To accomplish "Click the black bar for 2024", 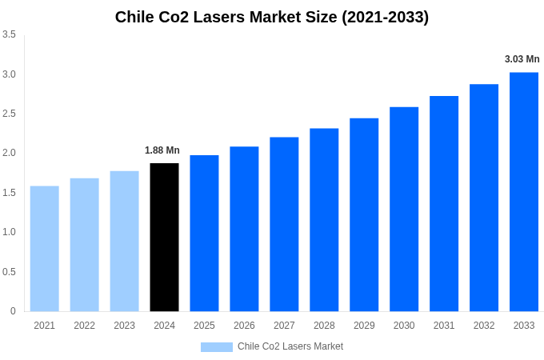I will [164, 237].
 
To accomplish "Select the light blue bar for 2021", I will [45, 248].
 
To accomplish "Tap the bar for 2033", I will [524, 191].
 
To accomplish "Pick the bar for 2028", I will [324, 219].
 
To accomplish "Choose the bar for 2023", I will [124, 241].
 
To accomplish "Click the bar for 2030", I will [404, 209].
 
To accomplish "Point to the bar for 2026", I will [244, 229].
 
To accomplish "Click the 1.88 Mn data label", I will [162, 150].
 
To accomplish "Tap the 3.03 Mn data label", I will [522, 59].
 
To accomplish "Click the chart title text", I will [272, 17].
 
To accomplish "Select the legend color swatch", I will [216, 346].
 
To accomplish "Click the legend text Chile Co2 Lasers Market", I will [290, 346].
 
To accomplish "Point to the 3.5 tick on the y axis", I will [9, 34].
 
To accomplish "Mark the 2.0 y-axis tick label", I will [9, 153].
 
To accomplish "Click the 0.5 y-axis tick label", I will [9, 271].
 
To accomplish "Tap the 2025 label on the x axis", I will [204, 326].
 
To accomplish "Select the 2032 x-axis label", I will [484, 326].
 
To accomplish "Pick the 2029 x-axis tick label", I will [364, 326].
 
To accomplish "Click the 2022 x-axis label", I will [84, 326].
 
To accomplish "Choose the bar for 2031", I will [444, 203].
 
